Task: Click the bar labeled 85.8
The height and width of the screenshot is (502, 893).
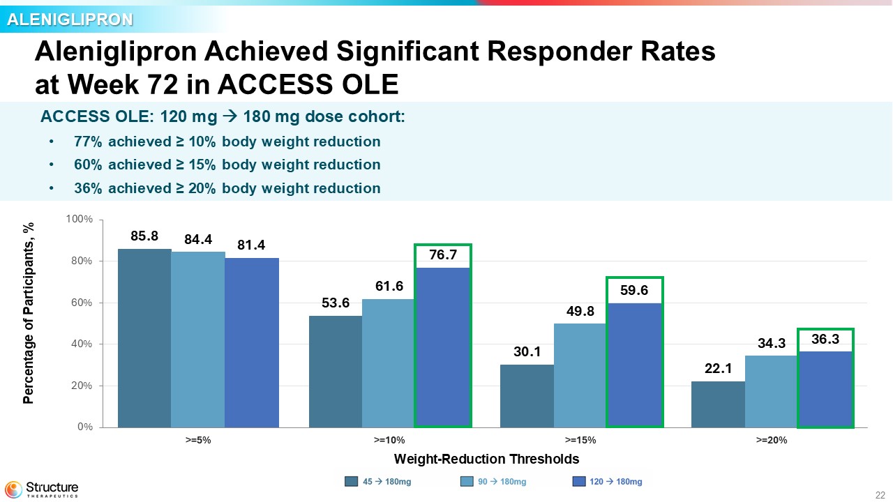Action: point(144,338)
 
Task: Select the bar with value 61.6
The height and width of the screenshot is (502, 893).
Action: point(389,363)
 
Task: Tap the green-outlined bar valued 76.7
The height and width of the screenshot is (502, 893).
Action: point(443,347)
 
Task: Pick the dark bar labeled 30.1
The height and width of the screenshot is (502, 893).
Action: point(527,396)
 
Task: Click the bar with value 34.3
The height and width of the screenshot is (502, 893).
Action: point(771,392)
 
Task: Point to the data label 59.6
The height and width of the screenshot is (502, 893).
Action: point(634,290)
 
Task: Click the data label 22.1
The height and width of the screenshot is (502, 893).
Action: point(718,368)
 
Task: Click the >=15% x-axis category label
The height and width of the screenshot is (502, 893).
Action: point(580,440)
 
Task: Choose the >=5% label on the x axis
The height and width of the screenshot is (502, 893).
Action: point(198,440)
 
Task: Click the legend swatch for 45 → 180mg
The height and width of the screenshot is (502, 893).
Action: point(351,481)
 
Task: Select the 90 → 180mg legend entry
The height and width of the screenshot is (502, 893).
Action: point(493,481)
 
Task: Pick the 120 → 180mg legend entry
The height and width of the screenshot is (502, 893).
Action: point(608,481)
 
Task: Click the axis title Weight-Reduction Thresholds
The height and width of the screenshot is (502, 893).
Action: point(486,459)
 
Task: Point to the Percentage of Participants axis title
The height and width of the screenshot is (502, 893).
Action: point(29,313)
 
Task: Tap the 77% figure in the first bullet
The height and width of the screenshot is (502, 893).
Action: point(88,142)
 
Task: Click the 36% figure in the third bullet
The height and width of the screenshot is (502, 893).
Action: point(88,188)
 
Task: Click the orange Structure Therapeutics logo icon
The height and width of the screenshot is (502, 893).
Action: point(13,489)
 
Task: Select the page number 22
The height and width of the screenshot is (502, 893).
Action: point(880,495)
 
